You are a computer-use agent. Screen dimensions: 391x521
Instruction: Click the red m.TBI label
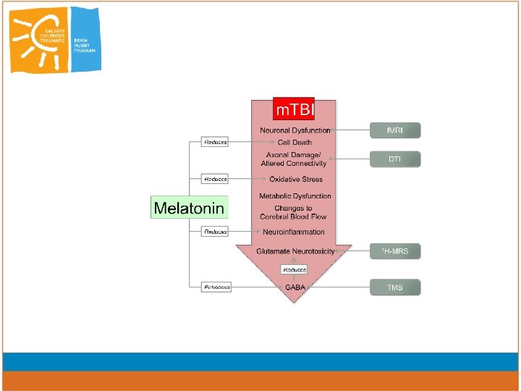[294, 110]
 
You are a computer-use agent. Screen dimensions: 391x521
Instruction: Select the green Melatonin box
[190, 209]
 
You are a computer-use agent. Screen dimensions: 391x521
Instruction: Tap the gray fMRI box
[394, 131]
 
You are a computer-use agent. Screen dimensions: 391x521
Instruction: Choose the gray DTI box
[394, 159]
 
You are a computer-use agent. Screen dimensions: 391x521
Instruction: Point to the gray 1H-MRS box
[394, 251]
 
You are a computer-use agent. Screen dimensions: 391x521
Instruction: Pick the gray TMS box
[394, 287]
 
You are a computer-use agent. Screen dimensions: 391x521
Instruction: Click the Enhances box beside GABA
[216, 287]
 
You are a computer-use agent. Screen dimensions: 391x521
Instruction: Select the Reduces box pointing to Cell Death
[215, 143]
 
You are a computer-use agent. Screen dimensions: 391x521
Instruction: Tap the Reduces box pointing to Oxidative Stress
[215, 179]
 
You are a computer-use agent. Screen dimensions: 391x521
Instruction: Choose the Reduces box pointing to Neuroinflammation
[215, 232]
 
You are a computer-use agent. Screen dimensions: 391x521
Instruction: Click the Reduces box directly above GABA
[294, 269]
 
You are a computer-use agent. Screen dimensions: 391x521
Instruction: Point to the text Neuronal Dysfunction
[295, 131]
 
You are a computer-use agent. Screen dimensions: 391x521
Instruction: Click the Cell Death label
[295, 143]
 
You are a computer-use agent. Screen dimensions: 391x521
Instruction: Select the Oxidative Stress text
[295, 180]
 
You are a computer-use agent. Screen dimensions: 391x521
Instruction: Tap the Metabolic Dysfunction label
[295, 196]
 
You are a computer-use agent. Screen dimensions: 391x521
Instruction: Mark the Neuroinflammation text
[295, 232]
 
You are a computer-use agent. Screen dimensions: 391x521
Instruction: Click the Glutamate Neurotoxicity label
[295, 251]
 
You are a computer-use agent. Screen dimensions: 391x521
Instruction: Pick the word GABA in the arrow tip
[295, 287]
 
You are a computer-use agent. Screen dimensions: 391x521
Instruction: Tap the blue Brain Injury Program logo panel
[85, 40]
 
